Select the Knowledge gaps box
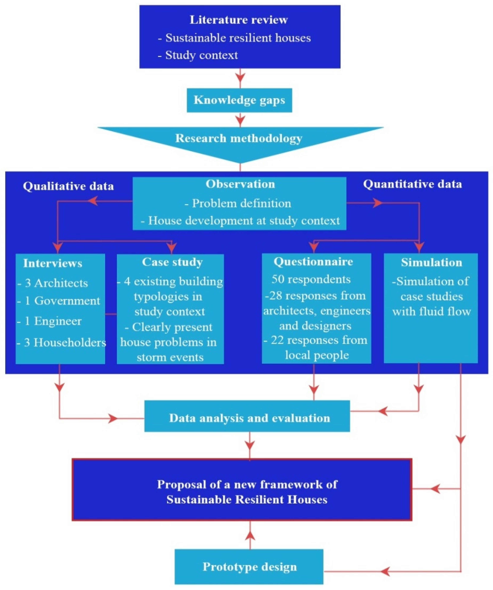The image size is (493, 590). (x=239, y=100)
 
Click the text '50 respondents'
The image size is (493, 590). (x=311, y=279)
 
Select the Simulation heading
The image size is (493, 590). (x=431, y=262)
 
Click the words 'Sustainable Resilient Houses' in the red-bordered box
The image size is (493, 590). (x=247, y=500)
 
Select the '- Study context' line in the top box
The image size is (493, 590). (x=198, y=55)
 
